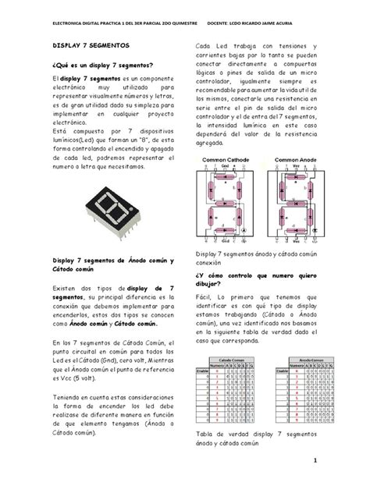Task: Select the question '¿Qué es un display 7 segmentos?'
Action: (102, 65)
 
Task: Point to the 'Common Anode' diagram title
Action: (295, 160)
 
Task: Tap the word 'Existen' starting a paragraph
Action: (66, 289)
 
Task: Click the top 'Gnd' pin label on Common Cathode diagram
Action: (225, 166)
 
